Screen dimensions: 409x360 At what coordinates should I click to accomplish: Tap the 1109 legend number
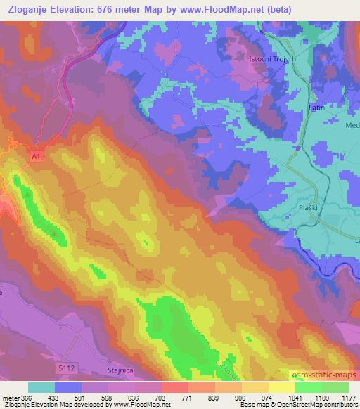[x=321, y=397]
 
